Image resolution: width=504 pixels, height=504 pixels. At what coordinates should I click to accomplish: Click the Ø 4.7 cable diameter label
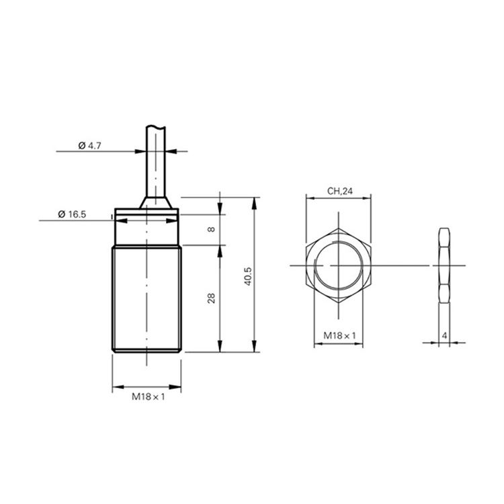pos(89,146)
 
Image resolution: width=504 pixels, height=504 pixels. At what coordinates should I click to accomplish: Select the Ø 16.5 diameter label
pos(72,214)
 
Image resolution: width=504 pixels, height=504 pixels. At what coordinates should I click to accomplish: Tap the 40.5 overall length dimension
pos(248,276)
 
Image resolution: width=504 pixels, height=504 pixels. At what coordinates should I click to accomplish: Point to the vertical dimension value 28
pos(211,298)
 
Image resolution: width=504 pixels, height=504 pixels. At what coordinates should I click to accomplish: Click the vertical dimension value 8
pos(211,229)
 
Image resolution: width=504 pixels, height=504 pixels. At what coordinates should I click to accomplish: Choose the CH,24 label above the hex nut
pos(340,192)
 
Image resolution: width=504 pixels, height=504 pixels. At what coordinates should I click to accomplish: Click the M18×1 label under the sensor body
pos(149,396)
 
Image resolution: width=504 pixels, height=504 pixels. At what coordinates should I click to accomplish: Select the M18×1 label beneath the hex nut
pos(339,336)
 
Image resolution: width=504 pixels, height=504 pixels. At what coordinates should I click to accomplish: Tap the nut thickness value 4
pos(445,336)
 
